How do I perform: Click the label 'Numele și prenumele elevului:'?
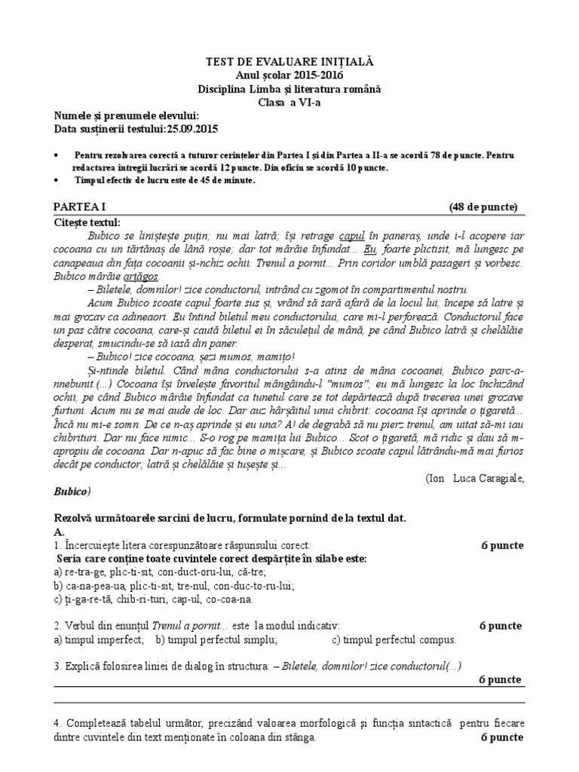click(x=126, y=115)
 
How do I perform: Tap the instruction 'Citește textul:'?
click(x=86, y=222)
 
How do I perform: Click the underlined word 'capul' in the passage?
click(x=352, y=235)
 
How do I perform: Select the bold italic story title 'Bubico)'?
click(x=72, y=492)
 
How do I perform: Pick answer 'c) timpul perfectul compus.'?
click(x=394, y=640)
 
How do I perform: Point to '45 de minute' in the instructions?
click(x=227, y=180)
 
